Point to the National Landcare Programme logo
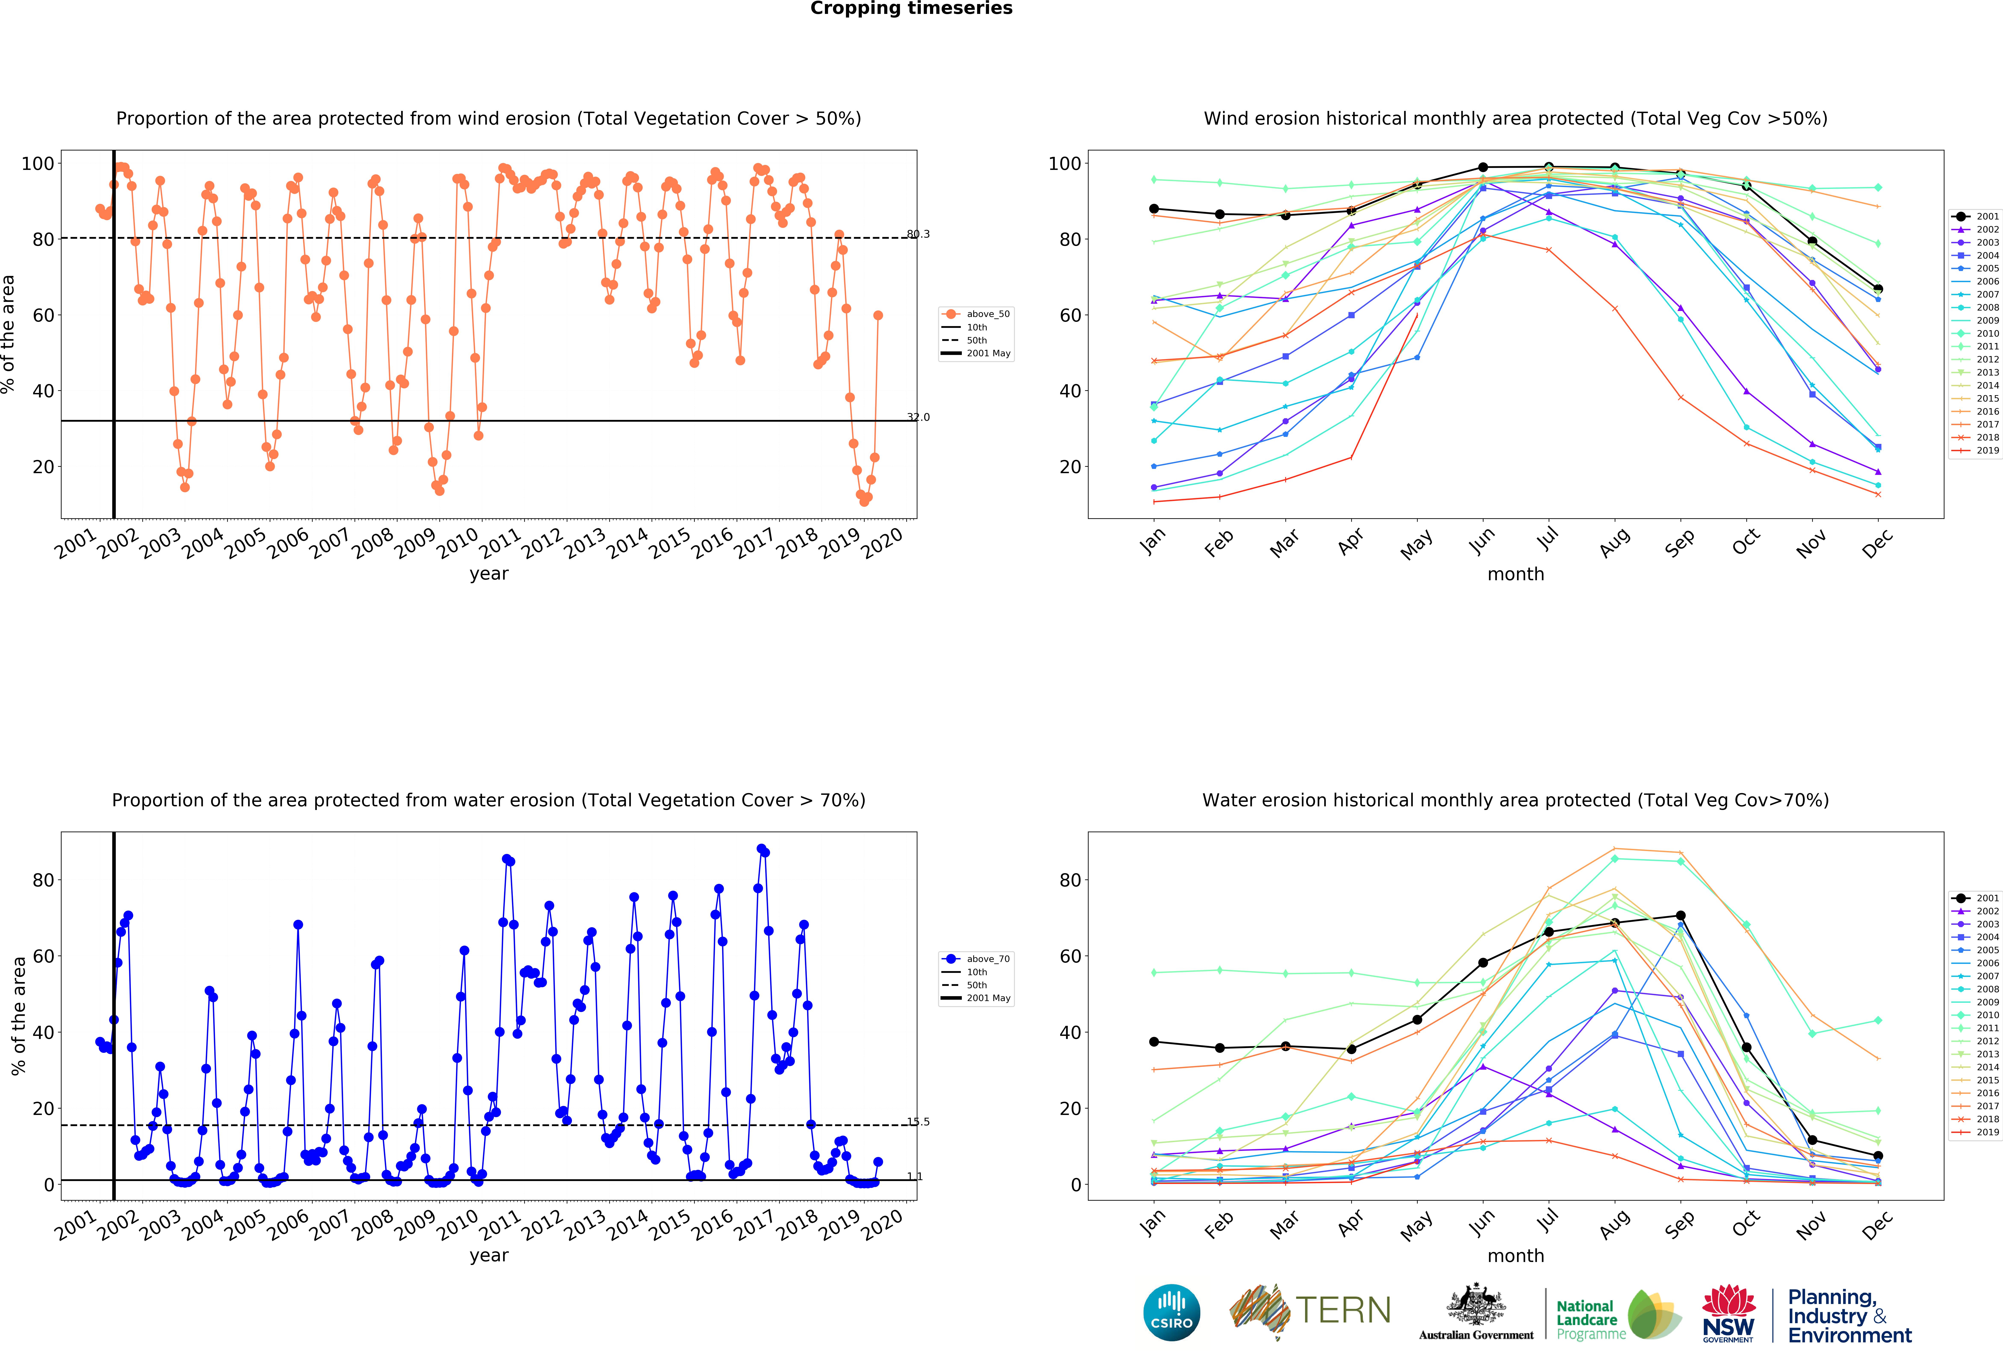point(1619,1314)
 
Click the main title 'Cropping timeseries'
point(911,9)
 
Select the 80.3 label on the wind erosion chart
point(918,234)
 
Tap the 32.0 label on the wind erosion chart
point(918,417)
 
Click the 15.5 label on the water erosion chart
point(918,1122)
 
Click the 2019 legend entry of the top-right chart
point(1975,450)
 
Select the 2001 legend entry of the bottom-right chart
point(1975,898)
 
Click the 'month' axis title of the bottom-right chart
point(1515,1256)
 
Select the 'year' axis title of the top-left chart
point(489,574)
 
